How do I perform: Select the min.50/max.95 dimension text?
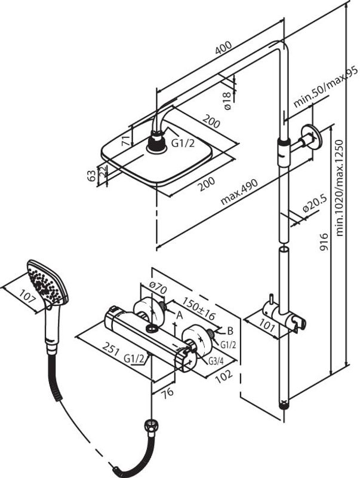(325, 88)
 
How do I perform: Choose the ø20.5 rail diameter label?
(313, 206)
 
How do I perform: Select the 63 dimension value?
(91, 176)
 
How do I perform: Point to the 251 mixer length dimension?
(108, 349)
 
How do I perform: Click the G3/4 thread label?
(217, 360)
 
